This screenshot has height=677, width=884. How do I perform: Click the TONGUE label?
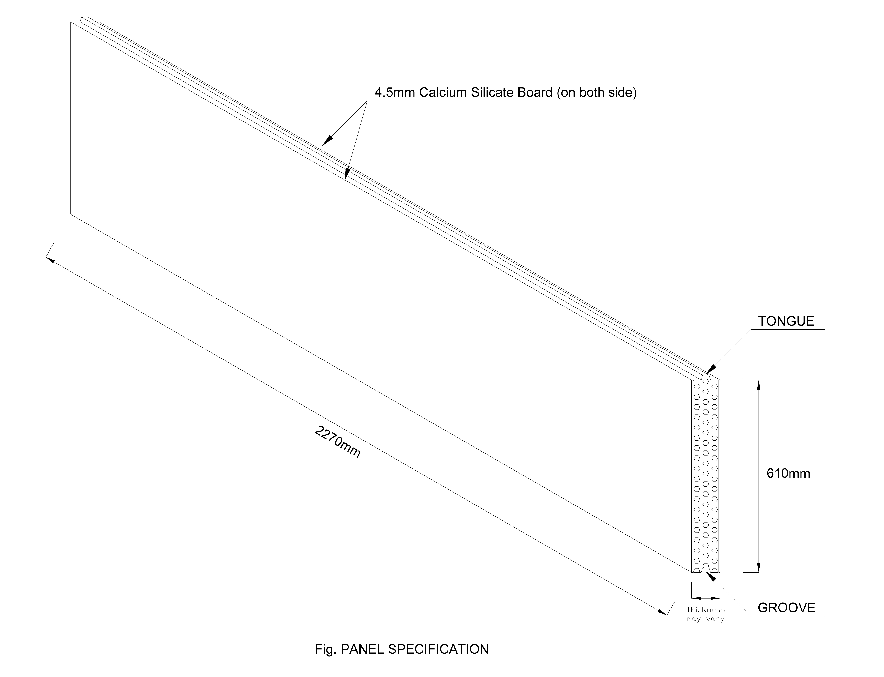tap(786, 321)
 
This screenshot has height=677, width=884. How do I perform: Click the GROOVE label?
tap(786, 608)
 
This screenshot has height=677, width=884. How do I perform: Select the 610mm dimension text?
tap(788, 473)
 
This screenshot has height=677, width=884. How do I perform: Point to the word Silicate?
tap(493, 93)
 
